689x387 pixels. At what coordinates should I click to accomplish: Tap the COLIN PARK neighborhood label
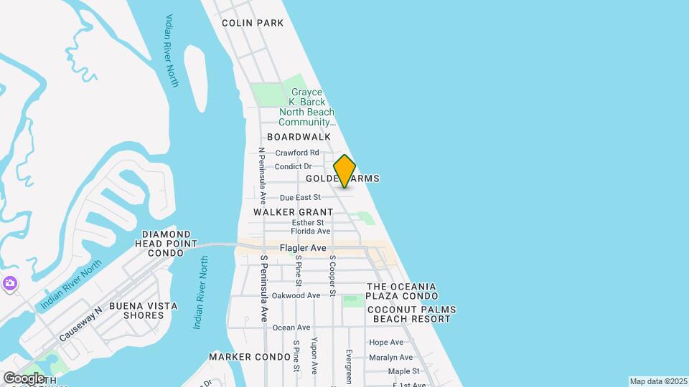(253, 23)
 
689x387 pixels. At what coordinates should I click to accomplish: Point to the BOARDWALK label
(299, 136)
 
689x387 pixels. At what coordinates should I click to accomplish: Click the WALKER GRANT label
(294, 212)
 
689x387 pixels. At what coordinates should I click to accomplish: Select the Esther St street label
(309, 223)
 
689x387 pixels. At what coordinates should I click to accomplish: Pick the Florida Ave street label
(310, 231)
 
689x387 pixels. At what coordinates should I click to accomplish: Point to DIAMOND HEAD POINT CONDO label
(167, 244)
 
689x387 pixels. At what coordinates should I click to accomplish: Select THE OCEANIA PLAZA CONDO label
(402, 291)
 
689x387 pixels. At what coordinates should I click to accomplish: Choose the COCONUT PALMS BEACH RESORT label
(411, 315)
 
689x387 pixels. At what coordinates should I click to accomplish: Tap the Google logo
(24, 378)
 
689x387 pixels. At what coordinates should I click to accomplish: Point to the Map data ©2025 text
(657, 381)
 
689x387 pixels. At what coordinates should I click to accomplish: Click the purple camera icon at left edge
(9, 284)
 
